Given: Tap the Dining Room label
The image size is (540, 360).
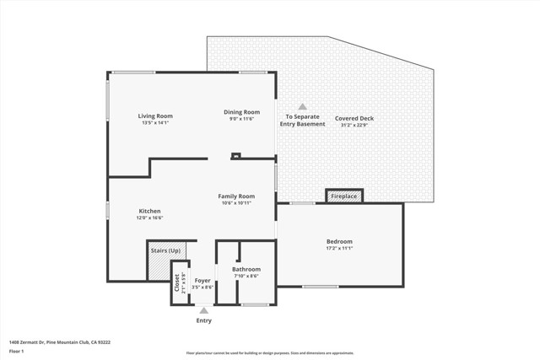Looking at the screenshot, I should pyautogui.click(x=241, y=112).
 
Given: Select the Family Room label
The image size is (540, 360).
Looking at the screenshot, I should pyautogui.click(x=236, y=196).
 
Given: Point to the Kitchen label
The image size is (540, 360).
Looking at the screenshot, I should pyautogui.click(x=149, y=211).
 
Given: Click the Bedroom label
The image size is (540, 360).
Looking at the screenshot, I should pyautogui.click(x=339, y=241).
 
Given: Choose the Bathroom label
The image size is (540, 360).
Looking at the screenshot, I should pyautogui.click(x=246, y=269).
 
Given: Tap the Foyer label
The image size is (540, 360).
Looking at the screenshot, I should pyautogui.click(x=202, y=280).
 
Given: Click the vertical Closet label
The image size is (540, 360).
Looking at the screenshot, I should pyautogui.click(x=177, y=282).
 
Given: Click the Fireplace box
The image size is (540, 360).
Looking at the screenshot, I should pyautogui.click(x=344, y=196).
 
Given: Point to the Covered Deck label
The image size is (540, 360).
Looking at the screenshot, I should pyautogui.click(x=354, y=118).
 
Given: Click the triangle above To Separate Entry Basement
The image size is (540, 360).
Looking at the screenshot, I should pyautogui.click(x=302, y=106).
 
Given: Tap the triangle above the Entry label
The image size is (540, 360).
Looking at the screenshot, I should pyautogui.click(x=203, y=310).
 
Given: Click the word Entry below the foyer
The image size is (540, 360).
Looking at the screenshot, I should pyautogui.click(x=204, y=320).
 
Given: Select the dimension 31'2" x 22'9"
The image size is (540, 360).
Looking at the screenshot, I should pyautogui.click(x=354, y=126).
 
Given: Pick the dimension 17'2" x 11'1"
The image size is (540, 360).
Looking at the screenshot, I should pyautogui.click(x=339, y=248).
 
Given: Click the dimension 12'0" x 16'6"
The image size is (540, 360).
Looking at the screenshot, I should pyautogui.click(x=149, y=218).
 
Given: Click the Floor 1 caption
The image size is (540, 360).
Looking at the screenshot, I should pyautogui.click(x=17, y=351).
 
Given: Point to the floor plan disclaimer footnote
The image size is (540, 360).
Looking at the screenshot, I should pyautogui.click(x=270, y=353).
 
